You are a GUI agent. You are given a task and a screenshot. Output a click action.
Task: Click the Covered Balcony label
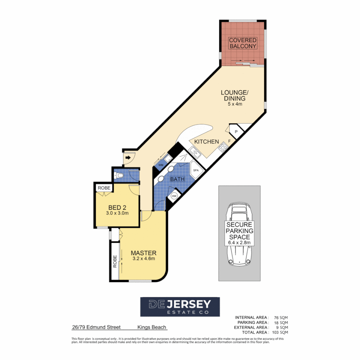click(243, 43)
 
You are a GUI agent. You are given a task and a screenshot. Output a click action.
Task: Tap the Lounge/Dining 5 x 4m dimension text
click(233, 104)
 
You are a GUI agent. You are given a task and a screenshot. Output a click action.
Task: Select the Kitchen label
click(206, 142)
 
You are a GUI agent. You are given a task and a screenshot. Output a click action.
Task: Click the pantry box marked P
click(236, 132)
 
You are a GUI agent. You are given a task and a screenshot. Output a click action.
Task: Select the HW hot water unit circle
click(174, 196)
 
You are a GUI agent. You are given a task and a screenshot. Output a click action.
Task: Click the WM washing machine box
click(161, 165)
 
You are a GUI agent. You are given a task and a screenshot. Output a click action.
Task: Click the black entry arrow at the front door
click(128, 157)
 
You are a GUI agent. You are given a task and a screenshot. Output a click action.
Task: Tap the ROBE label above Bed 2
click(104, 188)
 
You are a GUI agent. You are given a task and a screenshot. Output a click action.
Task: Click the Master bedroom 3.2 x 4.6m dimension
click(143, 258)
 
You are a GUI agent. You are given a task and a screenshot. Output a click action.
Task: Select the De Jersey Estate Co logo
click(180, 307)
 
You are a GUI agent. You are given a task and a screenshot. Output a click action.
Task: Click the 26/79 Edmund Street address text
click(96, 327)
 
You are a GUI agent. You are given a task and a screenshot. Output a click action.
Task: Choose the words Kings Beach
click(152, 327)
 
